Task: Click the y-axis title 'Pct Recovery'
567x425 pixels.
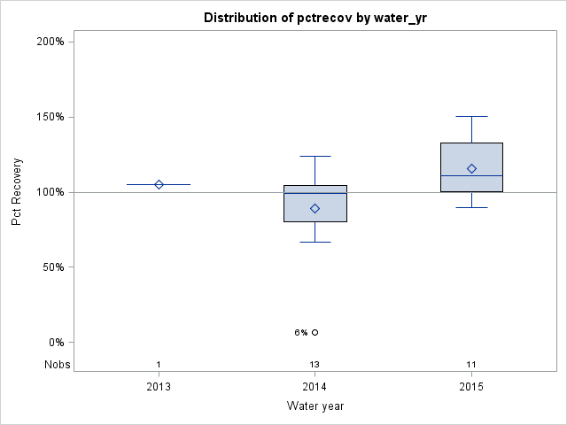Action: click(x=17, y=192)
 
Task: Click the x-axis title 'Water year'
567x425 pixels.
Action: click(x=315, y=406)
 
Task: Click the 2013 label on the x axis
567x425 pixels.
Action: click(x=159, y=387)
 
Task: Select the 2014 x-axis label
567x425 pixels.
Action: click(x=315, y=387)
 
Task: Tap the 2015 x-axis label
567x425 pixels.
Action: click(x=471, y=387)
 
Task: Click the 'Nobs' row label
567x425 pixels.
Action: click(x=55, y=365)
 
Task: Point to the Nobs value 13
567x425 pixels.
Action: click(x=315, y=365)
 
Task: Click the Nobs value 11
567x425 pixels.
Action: click(x=471, y=365)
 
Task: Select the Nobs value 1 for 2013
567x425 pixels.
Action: click(x=159, y=365)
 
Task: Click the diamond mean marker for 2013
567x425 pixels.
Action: click(x=159, y=184)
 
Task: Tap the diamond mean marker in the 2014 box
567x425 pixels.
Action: click(x=315, y=208)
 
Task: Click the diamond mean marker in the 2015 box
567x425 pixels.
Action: click(x=471, y=168)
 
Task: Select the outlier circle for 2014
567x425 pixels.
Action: click(x=315, y=333)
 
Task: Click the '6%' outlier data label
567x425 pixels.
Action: click(x=301, y=333)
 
